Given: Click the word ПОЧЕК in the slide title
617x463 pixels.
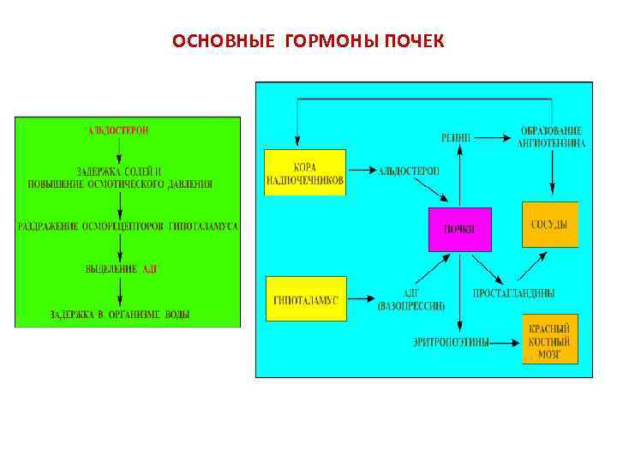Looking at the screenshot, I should click(414, 41).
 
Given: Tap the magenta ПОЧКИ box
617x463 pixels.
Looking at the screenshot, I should click(460, 229).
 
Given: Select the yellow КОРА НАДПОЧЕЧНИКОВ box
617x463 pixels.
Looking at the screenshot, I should click(305, 172).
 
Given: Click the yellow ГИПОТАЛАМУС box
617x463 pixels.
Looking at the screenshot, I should click(306, 299).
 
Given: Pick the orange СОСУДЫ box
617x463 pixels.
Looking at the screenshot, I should click(550, 225).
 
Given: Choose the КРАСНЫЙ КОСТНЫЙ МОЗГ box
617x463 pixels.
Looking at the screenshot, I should click(550, 339).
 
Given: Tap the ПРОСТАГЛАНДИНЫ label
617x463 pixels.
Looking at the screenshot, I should click(513, 293).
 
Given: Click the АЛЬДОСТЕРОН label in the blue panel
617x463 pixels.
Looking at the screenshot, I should click(409, 171).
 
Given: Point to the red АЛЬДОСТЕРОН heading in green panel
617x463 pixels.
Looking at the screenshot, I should click(118, 130).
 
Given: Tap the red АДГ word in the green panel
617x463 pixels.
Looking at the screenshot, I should click(150, 269).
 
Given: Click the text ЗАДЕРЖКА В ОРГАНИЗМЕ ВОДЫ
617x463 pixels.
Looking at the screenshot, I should click(120, 315).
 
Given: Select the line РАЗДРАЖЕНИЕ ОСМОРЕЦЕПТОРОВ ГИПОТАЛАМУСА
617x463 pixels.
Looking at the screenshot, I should click(127, 226).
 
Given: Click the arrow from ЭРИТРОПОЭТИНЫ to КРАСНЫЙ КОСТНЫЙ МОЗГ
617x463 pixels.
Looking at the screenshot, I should click(506, 342).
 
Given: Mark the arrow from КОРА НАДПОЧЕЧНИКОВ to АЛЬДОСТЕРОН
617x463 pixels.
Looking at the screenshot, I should click(360, 171).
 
